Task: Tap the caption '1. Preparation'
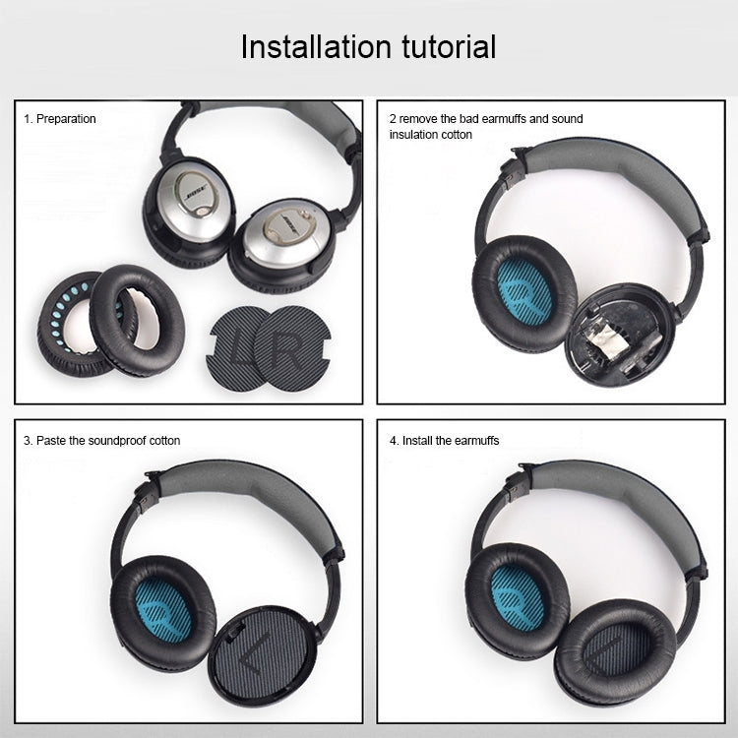tap(60, 119)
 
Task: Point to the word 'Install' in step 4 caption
tap(420, 441)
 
